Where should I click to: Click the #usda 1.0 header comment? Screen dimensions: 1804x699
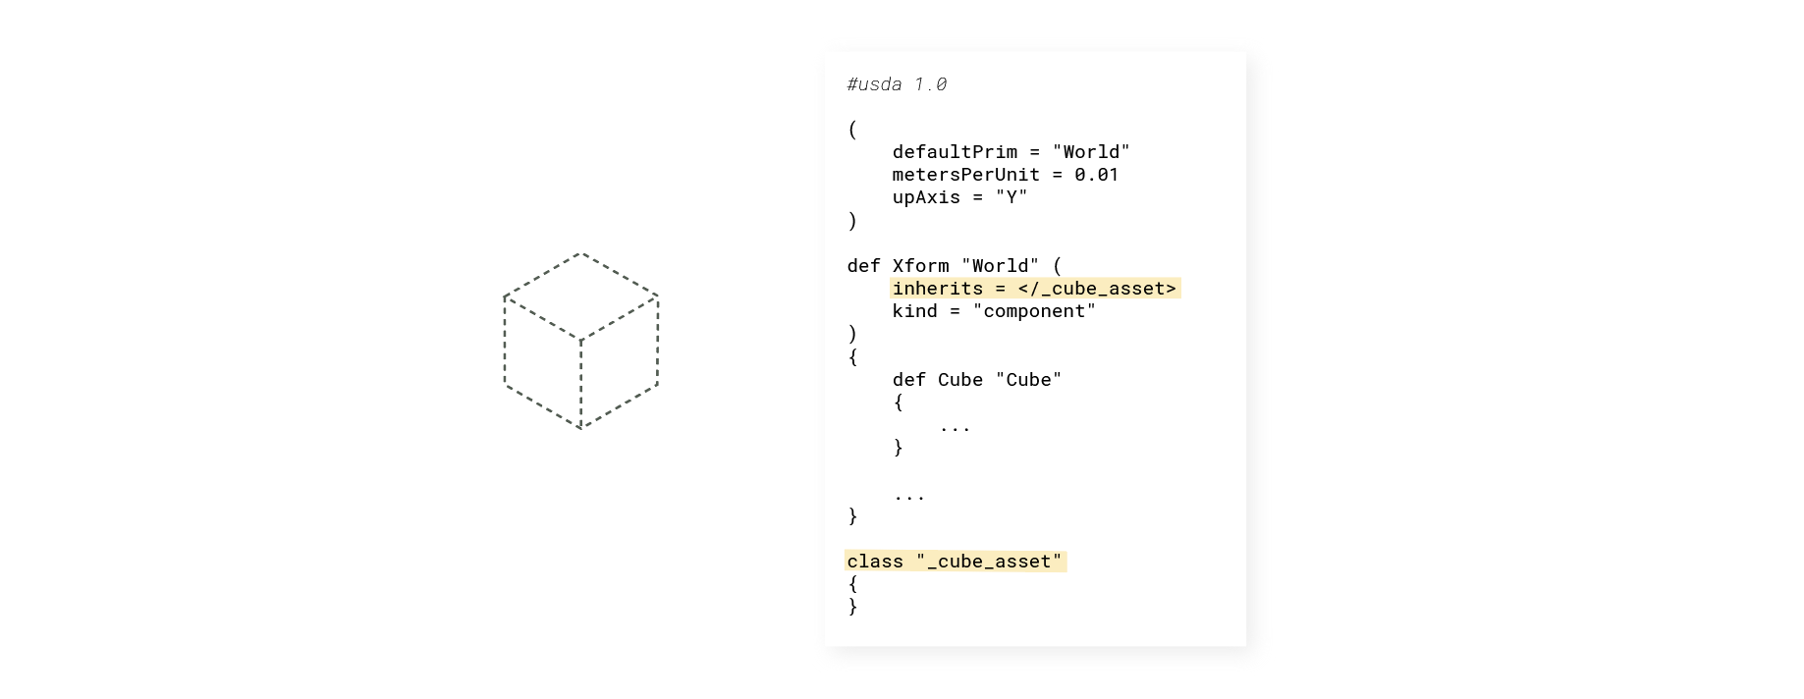[x=897, y=84]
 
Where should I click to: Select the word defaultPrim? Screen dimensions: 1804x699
[x=955, y=152]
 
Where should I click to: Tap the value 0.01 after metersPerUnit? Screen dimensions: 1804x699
[x=1096, y=175]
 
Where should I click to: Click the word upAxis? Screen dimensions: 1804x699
[x=926, y=197]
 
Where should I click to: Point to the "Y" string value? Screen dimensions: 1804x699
[x=1011, y=197]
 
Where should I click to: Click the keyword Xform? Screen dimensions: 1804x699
[x=920, y=266]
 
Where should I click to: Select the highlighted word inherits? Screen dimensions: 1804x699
[x=938, y=289]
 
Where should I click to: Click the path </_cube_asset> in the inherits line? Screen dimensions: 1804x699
[x=1097, y=289]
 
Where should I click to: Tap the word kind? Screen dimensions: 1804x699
[x=914, y=311]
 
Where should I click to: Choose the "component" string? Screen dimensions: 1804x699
[x=1034, y=311]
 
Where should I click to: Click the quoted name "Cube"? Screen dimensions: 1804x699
[x=1028, y=380]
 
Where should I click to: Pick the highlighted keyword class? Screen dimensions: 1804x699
[x=875, y=562]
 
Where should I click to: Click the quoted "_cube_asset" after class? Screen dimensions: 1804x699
[x=989, y=562]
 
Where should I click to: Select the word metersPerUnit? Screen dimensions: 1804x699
[x=965, y=175]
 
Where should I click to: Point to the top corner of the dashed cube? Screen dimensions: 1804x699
[x=581, y=253]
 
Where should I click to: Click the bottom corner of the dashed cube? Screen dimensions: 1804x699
[x=581, y=429]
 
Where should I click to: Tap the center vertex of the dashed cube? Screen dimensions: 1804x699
[x=581, y=341]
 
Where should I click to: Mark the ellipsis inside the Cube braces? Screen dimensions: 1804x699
[x=955, y=429]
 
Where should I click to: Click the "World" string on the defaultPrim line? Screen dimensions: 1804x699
[x=1091, y=152]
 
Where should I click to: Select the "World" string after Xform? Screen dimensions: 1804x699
[x=1000, y=266]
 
